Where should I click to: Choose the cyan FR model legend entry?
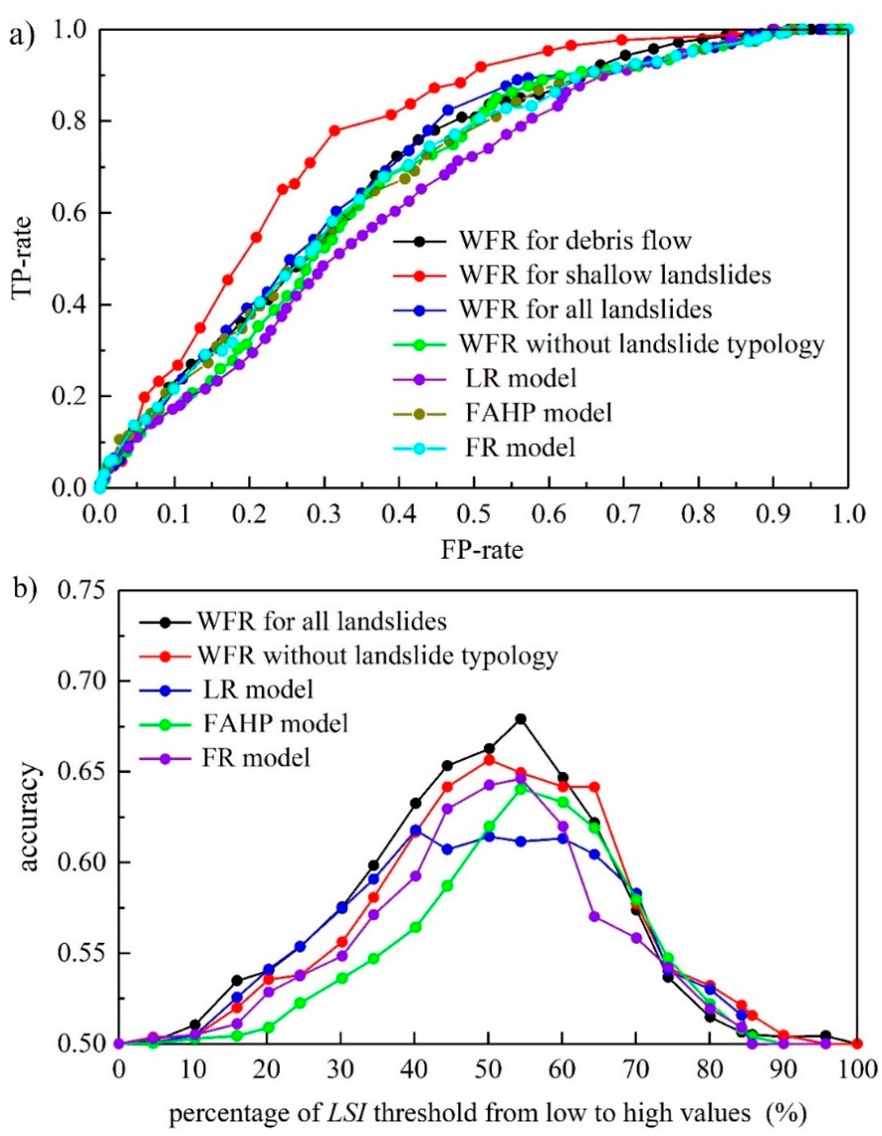[x=520, y=447]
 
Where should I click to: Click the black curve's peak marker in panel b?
[x=520, y=719]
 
